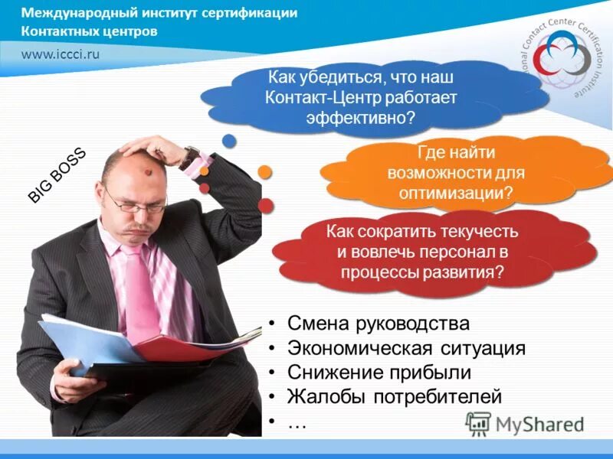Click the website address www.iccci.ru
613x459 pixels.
pyautogui.click(x=61, y=54)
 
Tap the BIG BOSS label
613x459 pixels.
pyautogui.click(x=57, y=175)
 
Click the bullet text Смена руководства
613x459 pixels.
pyautogui.click(x=379, y=324)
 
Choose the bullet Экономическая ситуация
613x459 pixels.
pyautogui.click(x=406, y=348)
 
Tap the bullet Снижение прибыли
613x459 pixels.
pyautogui.click(x=379, y=373)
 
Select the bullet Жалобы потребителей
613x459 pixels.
pyautogui.click(x=395, y=397)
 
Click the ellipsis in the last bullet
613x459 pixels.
pyautogui.click(x=297, y=422)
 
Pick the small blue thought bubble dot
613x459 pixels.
pyautogui.click(x=228, y=140)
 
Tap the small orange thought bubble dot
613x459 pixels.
pyautogui.click(x=265, y=171)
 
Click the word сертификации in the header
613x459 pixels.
pyautogui.click(x=250, y=14)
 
